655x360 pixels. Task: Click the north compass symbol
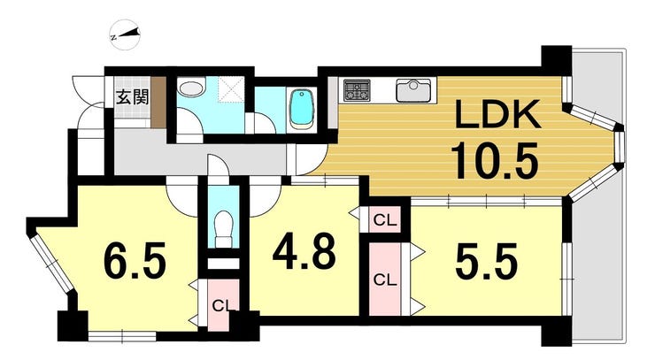pyautogui.click(x=126, y=35)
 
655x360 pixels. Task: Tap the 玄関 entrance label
pyautogui.click(x=132, y=97)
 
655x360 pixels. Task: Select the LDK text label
pyautogui.click(x=497, y=113)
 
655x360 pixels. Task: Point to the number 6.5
pyautogui.click(x=135, y=260)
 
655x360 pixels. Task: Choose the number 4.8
pyautogui.click(x=304, y=251)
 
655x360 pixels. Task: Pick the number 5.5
pyautogui.click(x=486, y=262)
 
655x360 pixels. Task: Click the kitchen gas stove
pyautogui.click(x=357, y=90)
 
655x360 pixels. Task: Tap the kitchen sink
pyautogui.click(x=413, y=90)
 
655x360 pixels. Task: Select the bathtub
pyautogui.click(x=302, y=108)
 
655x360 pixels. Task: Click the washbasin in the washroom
pyautogui.click(x=191, y=88)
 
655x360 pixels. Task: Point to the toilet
pyautogui.click(x=223, y=229)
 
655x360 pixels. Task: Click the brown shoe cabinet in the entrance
pyautogui.click(x=158, y=103)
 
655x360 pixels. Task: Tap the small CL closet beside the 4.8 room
pyautogui.click(x=385, y=219)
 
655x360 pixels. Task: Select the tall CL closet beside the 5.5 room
pyautogui.click(x=385, y=279)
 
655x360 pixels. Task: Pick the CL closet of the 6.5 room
pyautogui.click(x=223, y=305)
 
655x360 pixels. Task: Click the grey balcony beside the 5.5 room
pyautogui.click(x=598, y=196)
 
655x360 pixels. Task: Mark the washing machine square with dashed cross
pyautogui.click(x=231, y=89)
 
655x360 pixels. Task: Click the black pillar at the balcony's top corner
pyautogui.click(x=556, y=60)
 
